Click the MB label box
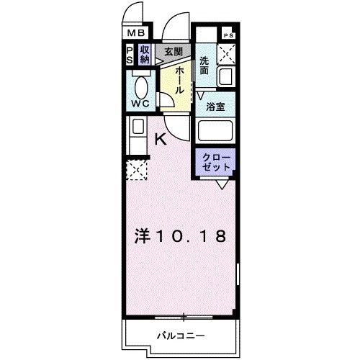[136, 32]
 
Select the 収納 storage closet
[144, 54]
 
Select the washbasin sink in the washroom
[228, 77]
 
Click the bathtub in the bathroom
[216, 132]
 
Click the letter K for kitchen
[161, 140]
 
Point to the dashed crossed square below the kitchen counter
[136, 171]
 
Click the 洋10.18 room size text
[181, 236]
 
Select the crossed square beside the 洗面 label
[228, 53]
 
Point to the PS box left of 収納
[130, 54]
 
